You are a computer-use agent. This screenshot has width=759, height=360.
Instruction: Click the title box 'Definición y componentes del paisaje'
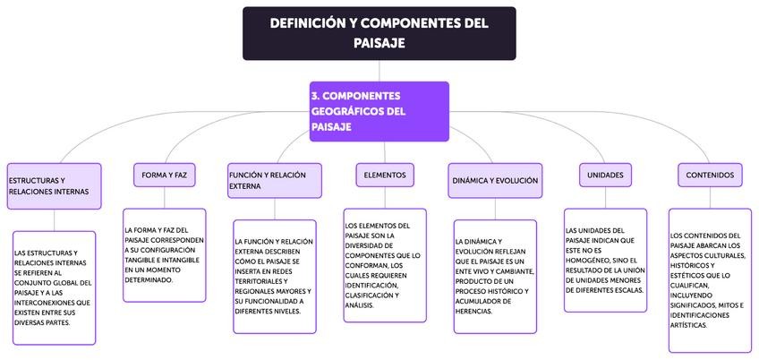[x=379, y=33]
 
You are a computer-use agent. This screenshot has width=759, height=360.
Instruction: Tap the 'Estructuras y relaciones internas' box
[x=54, y=186]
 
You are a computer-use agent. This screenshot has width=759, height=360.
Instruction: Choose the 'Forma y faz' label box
[x=164, y=175]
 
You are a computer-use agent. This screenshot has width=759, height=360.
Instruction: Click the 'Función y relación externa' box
[x=275, y=181]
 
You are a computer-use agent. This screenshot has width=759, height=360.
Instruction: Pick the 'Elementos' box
[x=385, y=175]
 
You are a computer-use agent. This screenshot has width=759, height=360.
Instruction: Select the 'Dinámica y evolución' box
[x=495, y=180]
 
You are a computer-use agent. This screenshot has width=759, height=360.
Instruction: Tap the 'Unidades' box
[x=606, y=175]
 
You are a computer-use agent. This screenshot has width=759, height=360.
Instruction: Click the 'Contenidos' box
[x=710, y=175]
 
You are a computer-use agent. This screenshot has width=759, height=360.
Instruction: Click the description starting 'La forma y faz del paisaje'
[x=165, y=255]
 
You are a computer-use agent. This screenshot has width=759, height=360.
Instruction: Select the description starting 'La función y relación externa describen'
[x=275, y=277]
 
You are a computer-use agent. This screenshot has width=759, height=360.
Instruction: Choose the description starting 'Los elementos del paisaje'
[x=385, y=265]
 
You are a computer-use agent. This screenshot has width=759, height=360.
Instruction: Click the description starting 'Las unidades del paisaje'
[x=606, y=260]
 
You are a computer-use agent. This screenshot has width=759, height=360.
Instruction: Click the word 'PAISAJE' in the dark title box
[x=379, y=42]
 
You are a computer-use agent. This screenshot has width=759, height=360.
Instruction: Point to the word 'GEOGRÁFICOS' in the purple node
[x=345, y=112]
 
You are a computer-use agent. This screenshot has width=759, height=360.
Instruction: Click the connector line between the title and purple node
[x=379, y=71]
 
